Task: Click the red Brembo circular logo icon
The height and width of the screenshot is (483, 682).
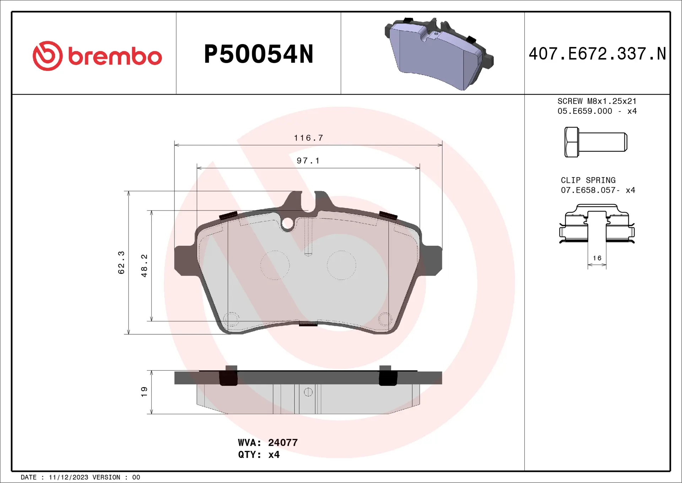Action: click(48, 56)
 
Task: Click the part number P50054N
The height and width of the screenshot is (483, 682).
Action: click(259, 54)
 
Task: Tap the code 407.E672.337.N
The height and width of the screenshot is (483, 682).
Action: click(597, 54)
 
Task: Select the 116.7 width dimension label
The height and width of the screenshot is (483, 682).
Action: click(308, 138)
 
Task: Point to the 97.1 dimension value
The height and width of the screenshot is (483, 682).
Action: click(308, 161)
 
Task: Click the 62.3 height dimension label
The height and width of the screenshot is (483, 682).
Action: click(121, 262)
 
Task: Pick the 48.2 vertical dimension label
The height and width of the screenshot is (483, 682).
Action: click(144, 266)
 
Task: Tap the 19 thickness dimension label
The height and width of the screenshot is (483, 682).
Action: click(144, 392)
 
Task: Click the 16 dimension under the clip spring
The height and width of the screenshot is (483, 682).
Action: click(597, 258)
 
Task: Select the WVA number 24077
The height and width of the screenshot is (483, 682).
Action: click(283, 442)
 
